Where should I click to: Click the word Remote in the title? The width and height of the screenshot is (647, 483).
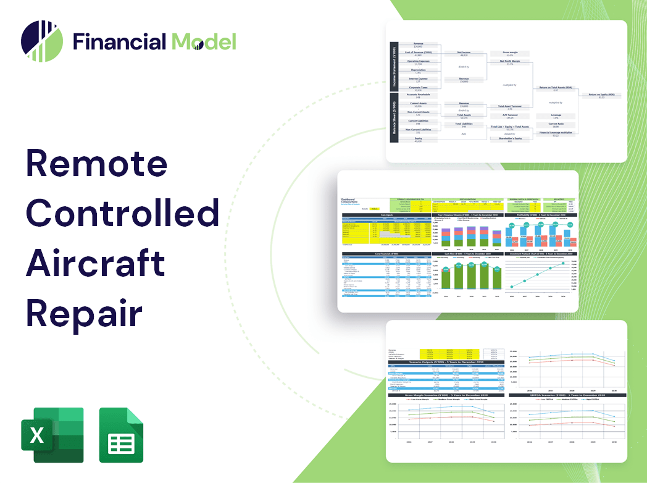97,164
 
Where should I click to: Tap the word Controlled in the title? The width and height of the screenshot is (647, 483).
123,213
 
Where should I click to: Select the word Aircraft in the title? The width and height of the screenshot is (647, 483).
96,263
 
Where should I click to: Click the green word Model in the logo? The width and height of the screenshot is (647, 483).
204,41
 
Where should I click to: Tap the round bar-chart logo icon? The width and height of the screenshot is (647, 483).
42,41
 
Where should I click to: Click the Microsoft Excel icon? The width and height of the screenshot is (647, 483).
52,435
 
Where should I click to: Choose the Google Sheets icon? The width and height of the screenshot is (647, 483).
122,435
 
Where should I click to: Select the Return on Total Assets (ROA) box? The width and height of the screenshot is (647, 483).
556,88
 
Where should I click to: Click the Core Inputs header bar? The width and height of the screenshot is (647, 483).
386,216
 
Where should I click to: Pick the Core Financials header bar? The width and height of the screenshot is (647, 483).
386,253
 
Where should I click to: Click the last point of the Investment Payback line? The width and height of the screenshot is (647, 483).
563,264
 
